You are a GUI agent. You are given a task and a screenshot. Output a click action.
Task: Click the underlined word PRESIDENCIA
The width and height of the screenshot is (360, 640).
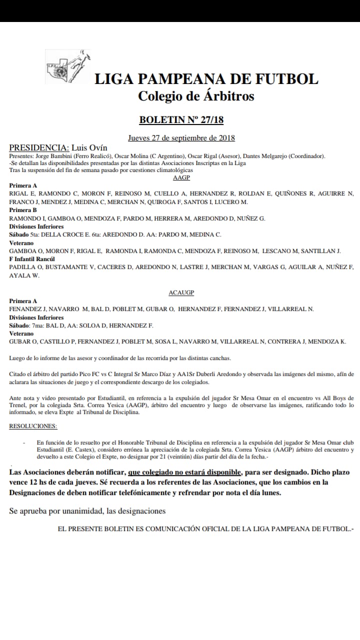coord(38,148)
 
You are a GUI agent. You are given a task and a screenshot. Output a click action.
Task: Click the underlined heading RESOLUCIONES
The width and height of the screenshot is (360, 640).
coord(33,426)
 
